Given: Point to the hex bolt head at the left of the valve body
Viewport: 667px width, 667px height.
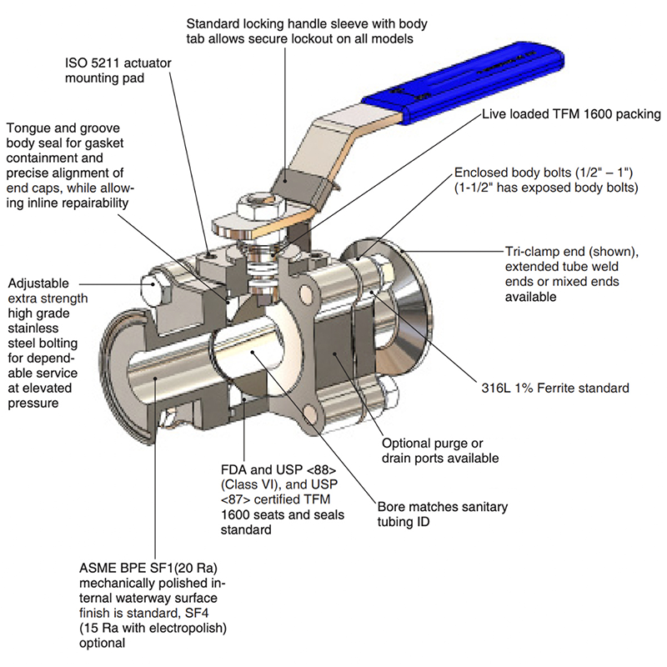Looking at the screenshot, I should pos(157,288).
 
